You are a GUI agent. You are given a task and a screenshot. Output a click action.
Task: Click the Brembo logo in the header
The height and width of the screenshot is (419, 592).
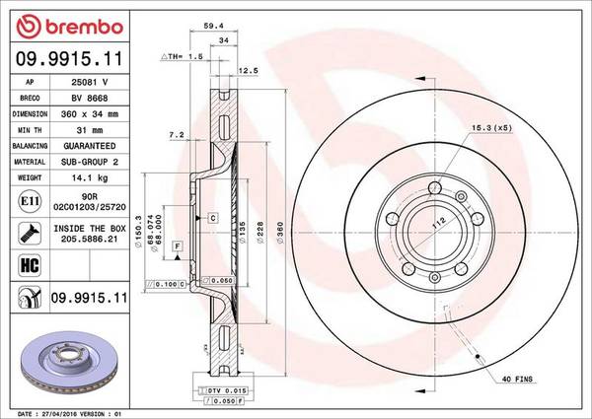pyautogui.click(x=70, y=27)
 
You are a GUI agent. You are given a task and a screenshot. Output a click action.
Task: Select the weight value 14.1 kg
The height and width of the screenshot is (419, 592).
pyautogui.click(x=90, y=177)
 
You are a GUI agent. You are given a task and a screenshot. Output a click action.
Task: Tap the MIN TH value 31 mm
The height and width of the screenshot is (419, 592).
pyautogui.click(x=90, y=130)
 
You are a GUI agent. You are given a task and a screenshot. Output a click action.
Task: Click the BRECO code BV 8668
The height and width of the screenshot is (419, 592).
pyautogui.click(x=90, y=98)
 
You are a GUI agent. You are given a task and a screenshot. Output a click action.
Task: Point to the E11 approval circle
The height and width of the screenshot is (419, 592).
pyautogui.click(x=30, y=201)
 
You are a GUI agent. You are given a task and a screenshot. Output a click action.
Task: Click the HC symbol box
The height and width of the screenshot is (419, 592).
pyautogui.click(x=30, y=265)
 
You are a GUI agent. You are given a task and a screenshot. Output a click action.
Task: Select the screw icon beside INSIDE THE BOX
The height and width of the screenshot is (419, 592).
pyautogui.click(x=30, y=233)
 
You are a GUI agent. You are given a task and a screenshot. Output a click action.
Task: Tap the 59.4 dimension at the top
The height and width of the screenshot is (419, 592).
pyautogui.click(x=214, y=26)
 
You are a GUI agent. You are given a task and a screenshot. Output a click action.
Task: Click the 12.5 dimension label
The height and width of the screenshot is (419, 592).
pyautogui.click(x=248, y=70)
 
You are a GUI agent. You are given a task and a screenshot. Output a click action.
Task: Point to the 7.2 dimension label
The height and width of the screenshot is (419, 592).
pyautogui.click(x=177, y=134)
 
